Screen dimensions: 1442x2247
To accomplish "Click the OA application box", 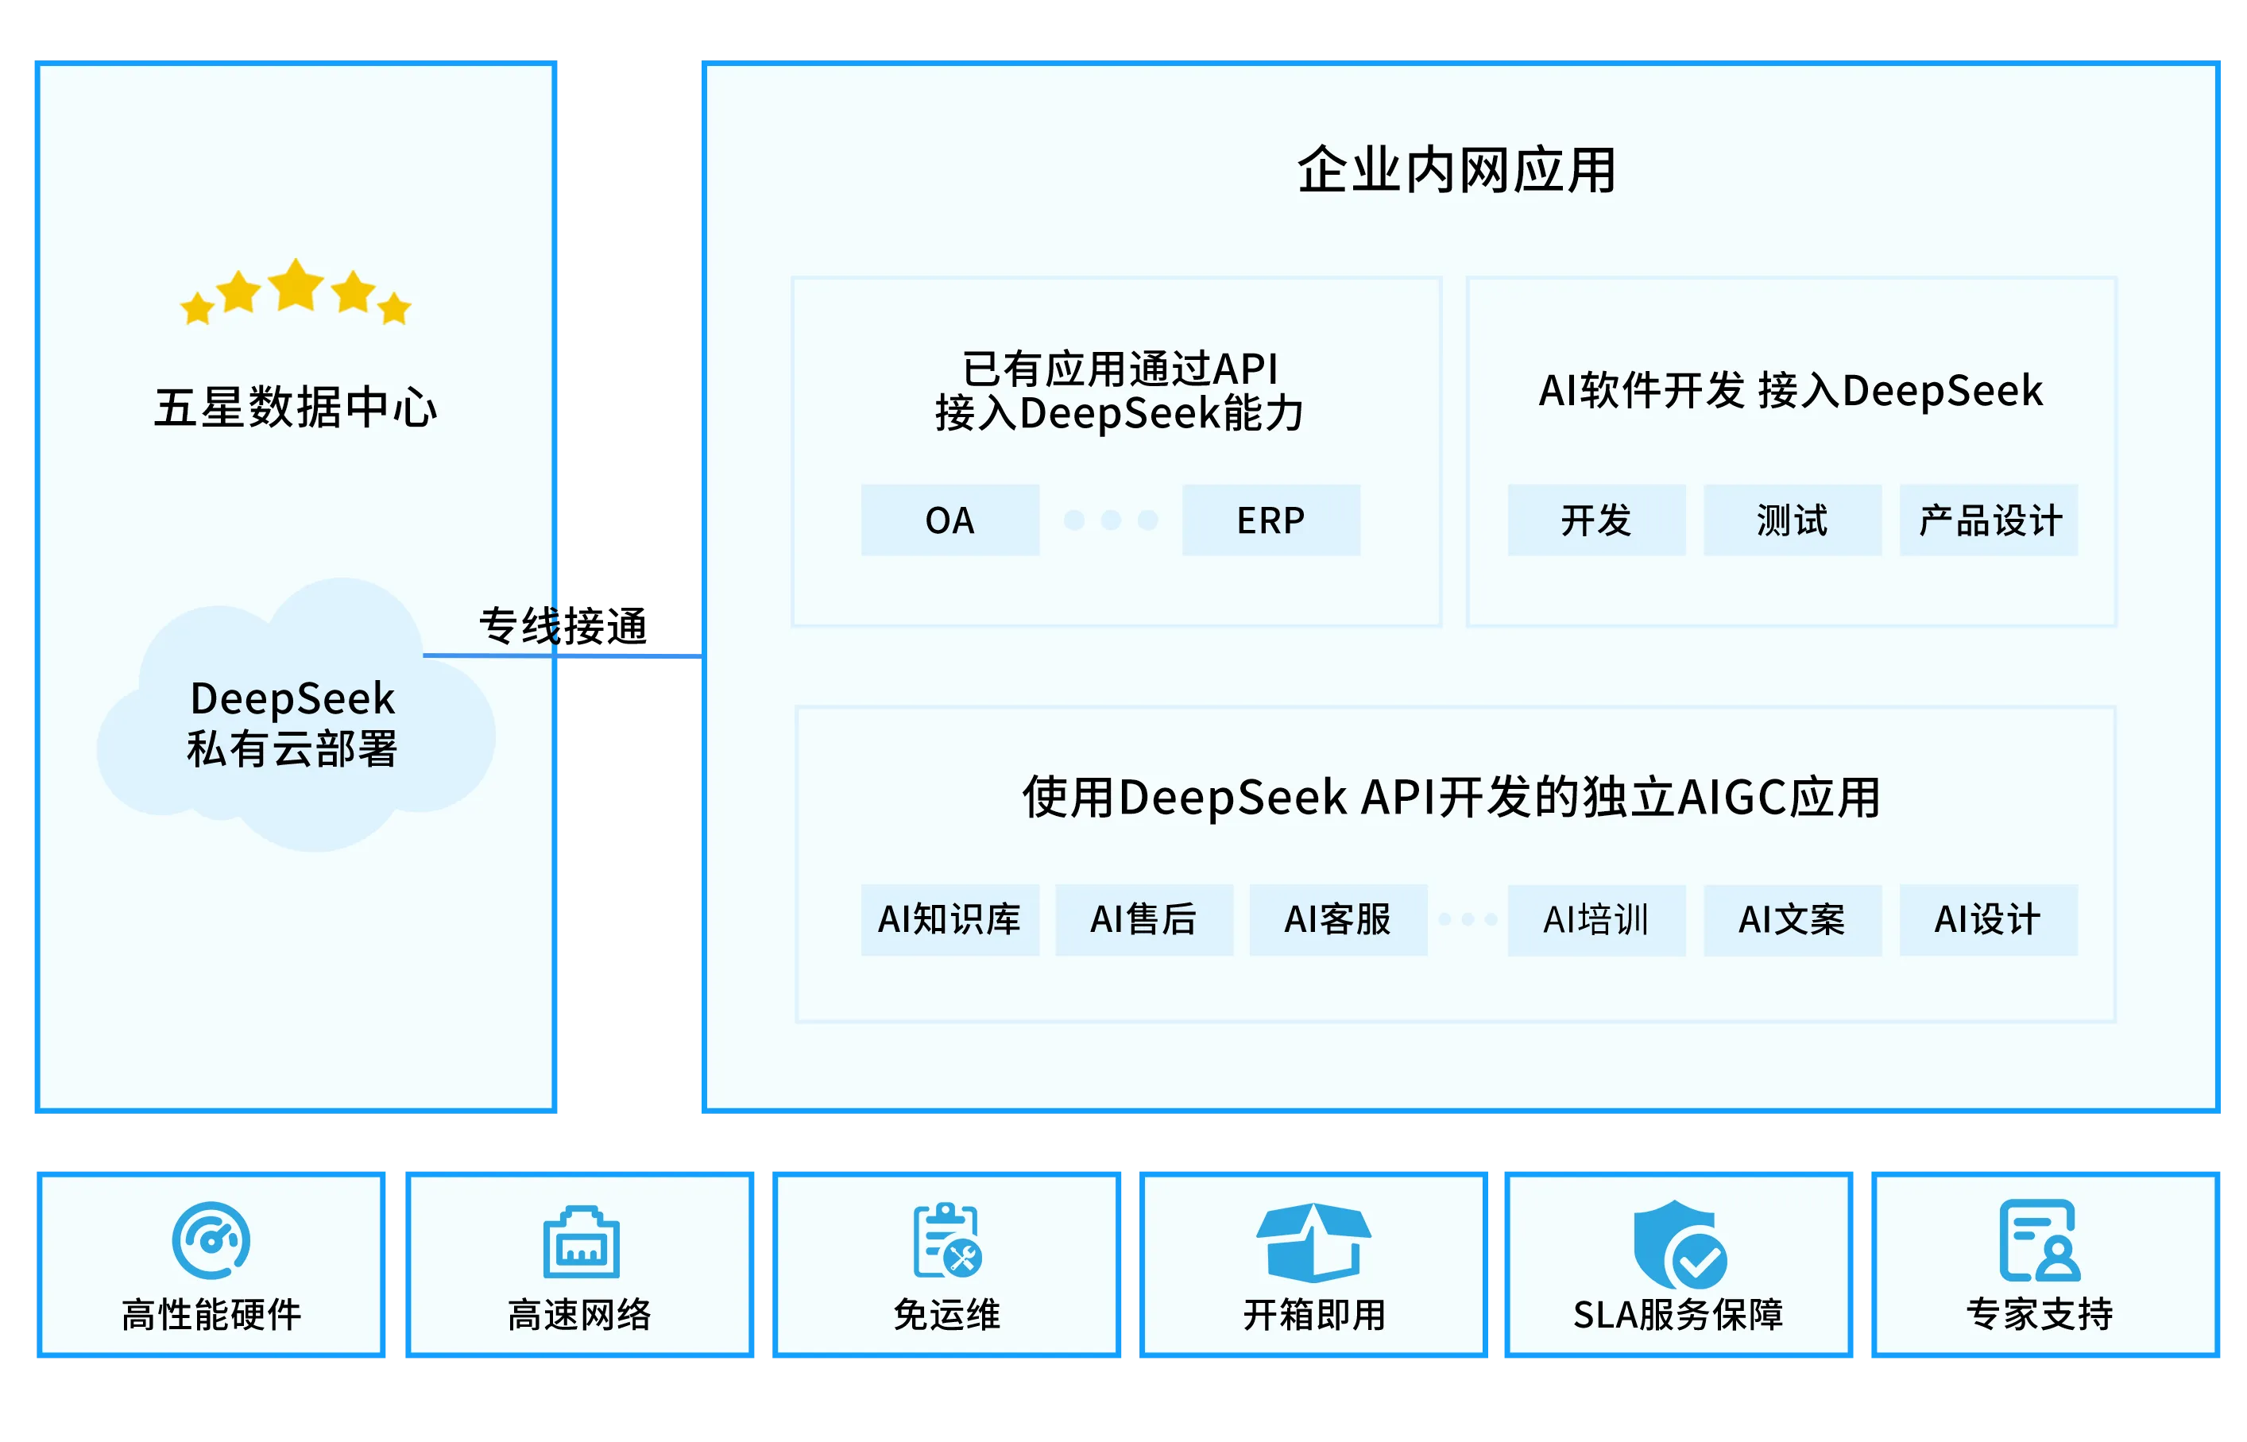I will [x=949, y=520].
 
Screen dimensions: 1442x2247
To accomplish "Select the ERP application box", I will [x=1270, y=520].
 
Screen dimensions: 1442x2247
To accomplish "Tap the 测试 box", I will [x=1792, y=520].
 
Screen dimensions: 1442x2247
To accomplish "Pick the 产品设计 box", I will [x=1989, y=520].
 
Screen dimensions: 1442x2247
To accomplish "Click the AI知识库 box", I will [x=949, y=919].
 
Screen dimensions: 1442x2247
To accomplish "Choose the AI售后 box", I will [x=1143, y=919].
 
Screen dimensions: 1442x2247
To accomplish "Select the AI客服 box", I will [x=1338, y=919].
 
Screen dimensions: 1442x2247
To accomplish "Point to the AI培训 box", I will [x=1596, y=919].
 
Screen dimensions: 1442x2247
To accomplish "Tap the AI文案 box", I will [x=1792, y=919].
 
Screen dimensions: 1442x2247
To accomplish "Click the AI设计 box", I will [x=1989, y=919].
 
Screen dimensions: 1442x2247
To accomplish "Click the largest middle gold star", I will [x=296, y=284].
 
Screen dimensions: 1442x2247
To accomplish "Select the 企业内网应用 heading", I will [x=1456, y=170].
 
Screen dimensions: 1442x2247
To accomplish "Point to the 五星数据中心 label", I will [x=296, y=408].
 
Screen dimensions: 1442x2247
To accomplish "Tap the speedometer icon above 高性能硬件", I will [x=211, y=1239].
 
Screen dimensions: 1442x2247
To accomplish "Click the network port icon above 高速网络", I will [x=581, y=1242].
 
